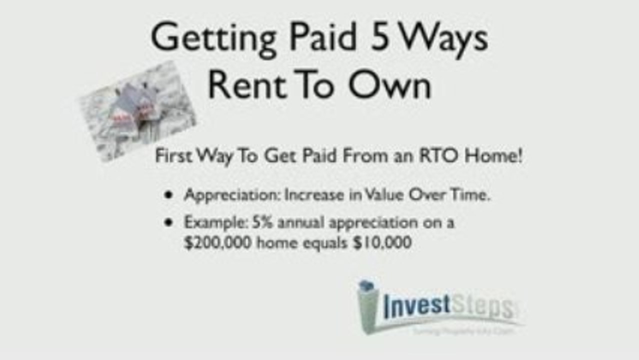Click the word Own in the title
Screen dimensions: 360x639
pos(389,85)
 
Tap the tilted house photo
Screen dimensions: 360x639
pos(138,111)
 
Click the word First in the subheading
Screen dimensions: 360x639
pos(173,156)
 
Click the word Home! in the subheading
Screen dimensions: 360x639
pos(494,156)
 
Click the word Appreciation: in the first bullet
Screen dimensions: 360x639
pos(231,195)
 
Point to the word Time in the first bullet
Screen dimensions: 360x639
pos(469,195)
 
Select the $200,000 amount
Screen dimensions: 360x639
pos(214,243)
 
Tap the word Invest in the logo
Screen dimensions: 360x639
pos(417,306)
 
